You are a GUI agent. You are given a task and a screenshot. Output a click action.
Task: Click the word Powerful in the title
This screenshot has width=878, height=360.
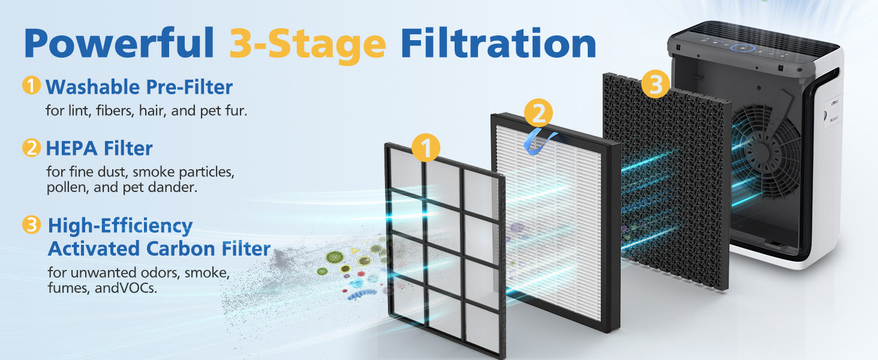coord(119,43)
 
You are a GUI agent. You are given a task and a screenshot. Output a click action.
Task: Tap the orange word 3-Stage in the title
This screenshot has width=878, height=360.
coord(308,44)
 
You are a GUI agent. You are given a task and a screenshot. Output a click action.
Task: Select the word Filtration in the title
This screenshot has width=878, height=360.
coord(498,43)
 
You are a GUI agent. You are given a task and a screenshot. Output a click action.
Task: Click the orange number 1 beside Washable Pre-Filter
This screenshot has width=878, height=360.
coord(31,85)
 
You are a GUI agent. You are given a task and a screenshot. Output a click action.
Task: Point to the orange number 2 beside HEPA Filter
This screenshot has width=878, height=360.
coord(31,148)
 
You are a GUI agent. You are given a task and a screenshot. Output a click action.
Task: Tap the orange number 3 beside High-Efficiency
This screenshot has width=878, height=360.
coord(31,225)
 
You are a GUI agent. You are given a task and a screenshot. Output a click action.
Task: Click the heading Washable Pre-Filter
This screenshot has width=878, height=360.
coord(139,87)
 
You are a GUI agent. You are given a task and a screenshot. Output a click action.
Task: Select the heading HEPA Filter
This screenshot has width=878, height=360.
coord(99,148)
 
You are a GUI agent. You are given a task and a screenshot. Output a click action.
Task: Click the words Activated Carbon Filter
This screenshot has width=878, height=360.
coord(159,248)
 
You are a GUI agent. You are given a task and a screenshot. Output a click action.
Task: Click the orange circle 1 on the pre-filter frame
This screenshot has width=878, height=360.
coord(426,148)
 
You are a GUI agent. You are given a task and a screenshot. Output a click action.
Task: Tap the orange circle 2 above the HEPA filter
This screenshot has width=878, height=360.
coord(539,113)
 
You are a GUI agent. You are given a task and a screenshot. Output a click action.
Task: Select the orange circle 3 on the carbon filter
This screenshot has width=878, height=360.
coord(656,84)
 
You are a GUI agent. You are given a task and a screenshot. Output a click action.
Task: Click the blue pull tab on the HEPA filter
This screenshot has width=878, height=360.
coord(540,141)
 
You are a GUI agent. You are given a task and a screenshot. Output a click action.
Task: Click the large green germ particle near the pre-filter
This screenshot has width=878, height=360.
coord(335,257)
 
